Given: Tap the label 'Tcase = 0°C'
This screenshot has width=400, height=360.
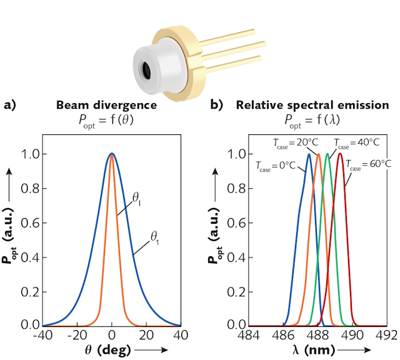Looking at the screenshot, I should pyautogui.click(x=277, y=166).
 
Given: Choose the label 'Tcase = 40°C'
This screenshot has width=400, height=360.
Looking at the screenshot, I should pyautogui.click(x=359, y=142).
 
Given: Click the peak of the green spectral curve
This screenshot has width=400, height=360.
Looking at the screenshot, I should pyautogui.click(x=327, y=154).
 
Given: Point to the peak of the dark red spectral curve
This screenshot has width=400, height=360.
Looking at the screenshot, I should pyautogui.click(x=340, y=154).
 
